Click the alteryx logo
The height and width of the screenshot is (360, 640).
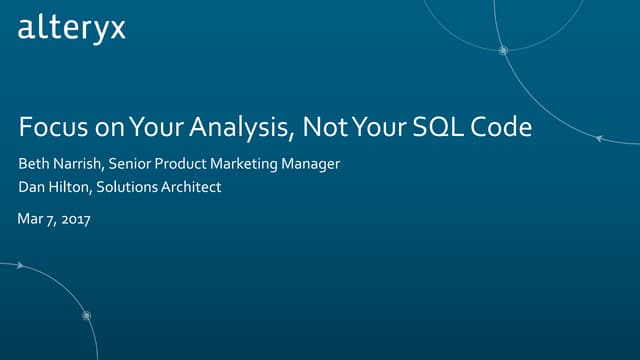coord(71,28)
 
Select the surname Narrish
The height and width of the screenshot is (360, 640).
coord(78,163)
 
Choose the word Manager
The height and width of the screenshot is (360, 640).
coord(322,163)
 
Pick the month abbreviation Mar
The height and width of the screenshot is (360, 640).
coord(30,219)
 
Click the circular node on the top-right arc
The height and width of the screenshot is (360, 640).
coord(504,50)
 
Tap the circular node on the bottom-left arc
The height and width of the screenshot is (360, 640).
coord(87,316)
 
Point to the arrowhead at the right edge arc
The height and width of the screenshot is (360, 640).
coord(599,141)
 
